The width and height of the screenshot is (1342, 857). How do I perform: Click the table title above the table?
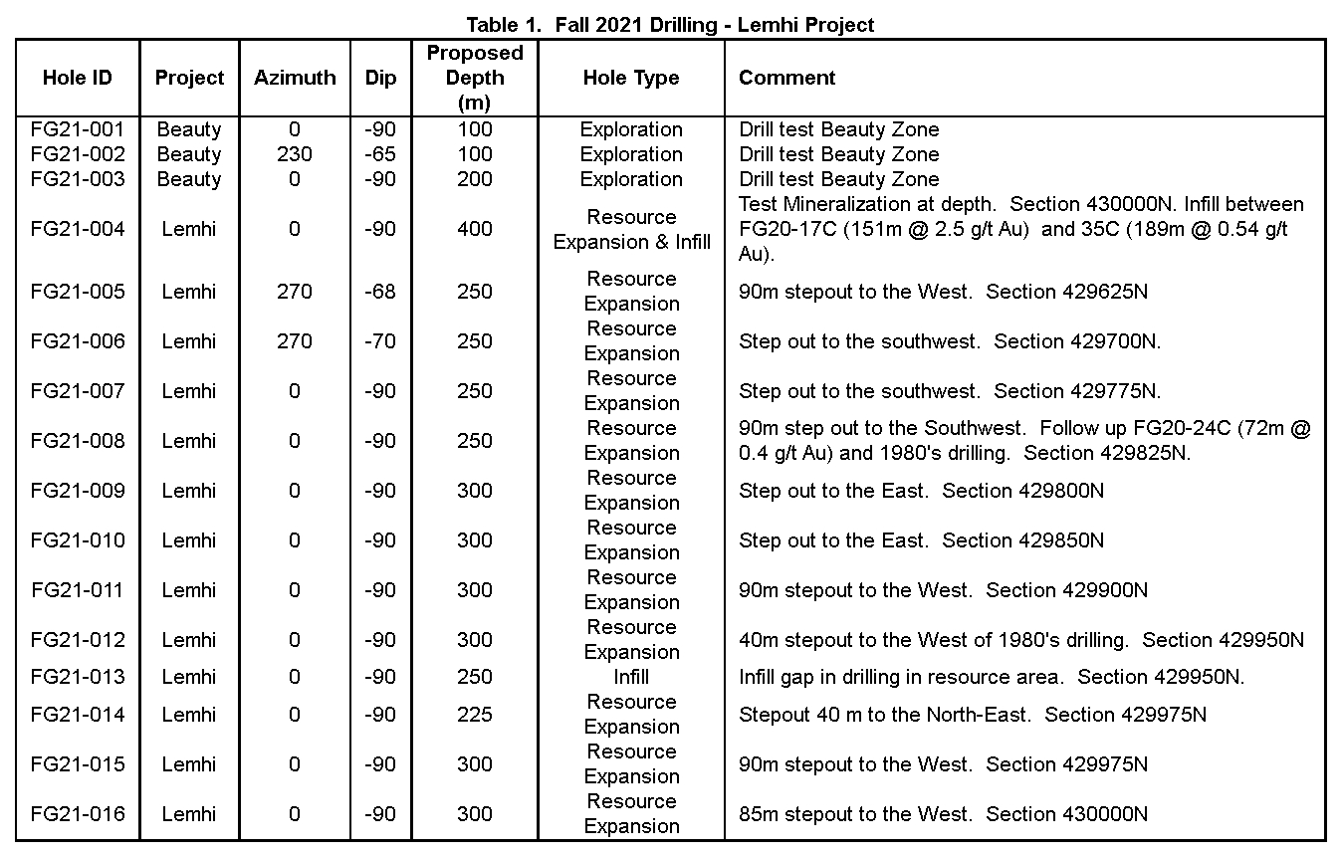pos(670,24)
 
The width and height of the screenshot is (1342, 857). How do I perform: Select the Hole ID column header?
pos(78,78)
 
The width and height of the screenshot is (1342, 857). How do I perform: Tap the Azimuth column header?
pos(295,78)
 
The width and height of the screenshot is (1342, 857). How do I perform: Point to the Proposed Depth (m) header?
pos(475,78)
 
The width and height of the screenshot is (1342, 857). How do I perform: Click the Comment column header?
pos(786,78)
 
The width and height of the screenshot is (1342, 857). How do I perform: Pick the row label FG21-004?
pos(78,229)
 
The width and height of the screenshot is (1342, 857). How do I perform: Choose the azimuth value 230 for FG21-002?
pos(295,154)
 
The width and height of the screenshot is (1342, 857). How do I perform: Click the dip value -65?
pos(380,154)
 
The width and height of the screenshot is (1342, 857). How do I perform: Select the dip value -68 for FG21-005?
pos(380,292)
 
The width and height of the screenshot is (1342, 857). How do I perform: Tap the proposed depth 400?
pos(475,229)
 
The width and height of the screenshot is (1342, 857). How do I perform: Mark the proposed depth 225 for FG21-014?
pos(475,715)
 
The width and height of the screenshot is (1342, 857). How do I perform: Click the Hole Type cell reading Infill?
pos(631,677)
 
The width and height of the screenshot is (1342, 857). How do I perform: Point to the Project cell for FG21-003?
pos(189,179)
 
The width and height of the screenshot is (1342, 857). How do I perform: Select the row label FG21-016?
pos(78,814)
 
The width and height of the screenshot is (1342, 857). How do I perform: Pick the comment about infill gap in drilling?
pos(992,677)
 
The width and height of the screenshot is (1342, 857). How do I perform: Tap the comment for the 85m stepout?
pos(943,814)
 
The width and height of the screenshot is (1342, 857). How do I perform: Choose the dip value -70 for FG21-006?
pos(380,341)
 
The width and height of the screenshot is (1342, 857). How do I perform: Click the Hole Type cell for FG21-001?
pos(631,129)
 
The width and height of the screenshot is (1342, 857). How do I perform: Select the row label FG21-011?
pos(78,590)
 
